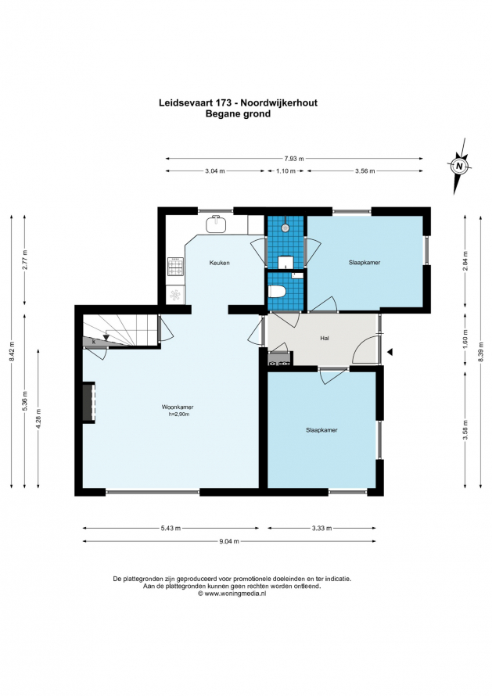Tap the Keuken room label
[x=219, y=263]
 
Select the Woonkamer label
[x=178, y=407]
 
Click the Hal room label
[x=325, y=339]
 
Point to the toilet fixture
[x=278, y=292]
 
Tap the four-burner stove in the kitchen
[x=175, y=267]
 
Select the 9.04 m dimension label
[x=229, y=541]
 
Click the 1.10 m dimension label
[x=286, y=171]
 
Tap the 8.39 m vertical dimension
[x=480, y=352]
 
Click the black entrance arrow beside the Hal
[x=390, y=352]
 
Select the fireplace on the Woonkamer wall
[x=88, y=402]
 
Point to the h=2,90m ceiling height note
[x=179, y=414]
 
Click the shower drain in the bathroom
[x=285, y=228]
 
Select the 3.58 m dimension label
[x=466, y=429]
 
